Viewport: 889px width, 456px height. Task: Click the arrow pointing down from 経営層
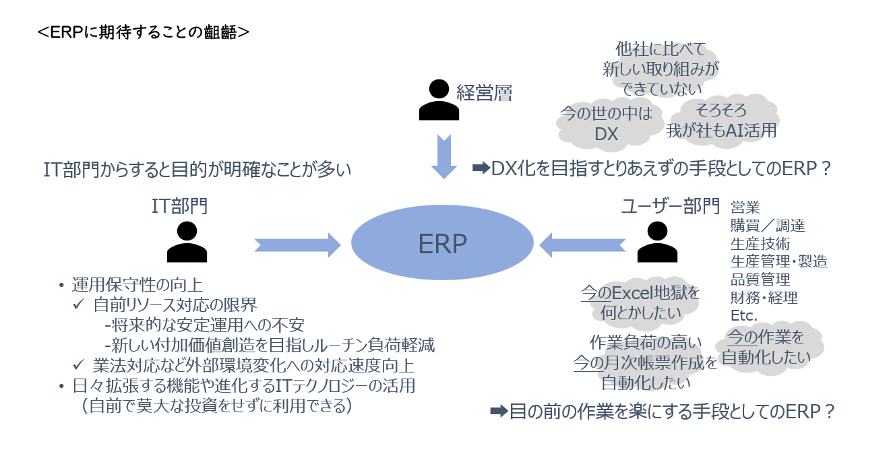coord(444,156)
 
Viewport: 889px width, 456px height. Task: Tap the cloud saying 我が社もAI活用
coord(722,121)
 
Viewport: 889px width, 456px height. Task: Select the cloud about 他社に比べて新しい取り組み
coord(661,68)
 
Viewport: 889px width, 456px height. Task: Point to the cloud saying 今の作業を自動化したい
coord(766,348)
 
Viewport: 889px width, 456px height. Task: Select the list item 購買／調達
coord(768,225)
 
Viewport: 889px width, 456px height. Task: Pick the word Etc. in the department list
coord(744,315)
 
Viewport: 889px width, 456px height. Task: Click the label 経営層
coord(484,94)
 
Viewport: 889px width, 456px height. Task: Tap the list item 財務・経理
coord(764,297)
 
